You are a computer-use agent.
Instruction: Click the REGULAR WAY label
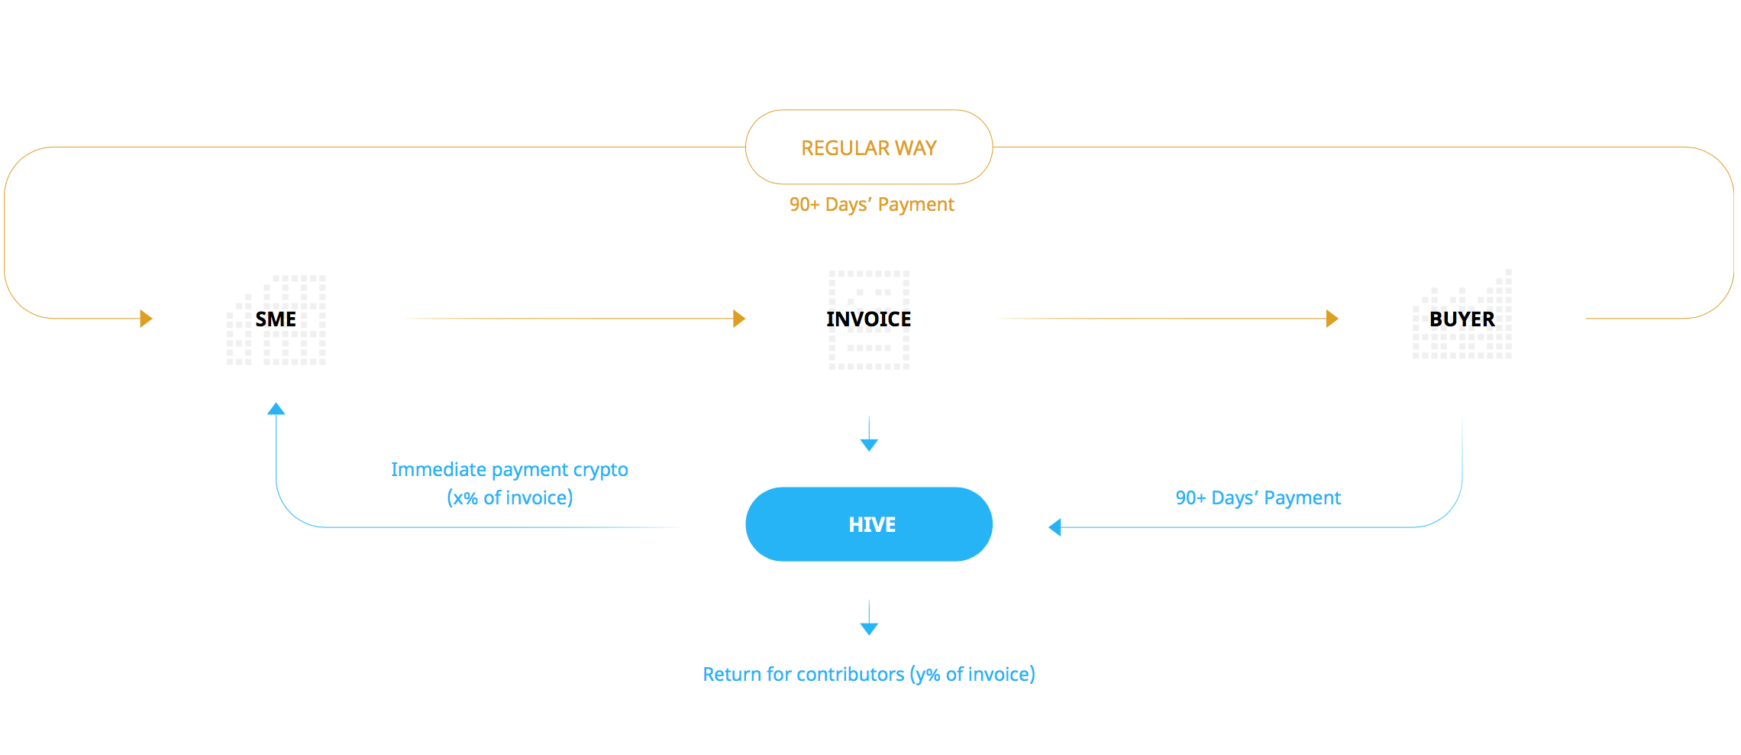[x=869, y=147]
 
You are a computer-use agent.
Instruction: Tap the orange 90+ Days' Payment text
[x=872, y=205]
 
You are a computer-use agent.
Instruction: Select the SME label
[x=276, y=319]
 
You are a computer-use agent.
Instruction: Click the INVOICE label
[x=869, y=319]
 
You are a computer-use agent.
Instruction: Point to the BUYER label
[x=1462, y=319]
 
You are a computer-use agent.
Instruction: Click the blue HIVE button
[x=869, y=524]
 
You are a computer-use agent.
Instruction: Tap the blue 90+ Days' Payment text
[x=1258, y=498]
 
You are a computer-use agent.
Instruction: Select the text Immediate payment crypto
[x=509, y=470]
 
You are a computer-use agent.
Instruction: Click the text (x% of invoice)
[x=510, y=498]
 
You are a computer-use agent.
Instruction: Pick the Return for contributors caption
[x=869, y=674]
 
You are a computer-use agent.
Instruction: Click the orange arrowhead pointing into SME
[x=147, y=319]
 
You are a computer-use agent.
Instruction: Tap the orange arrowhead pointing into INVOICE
[x=739, y=319]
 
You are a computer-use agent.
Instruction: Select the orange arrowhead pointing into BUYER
[x=1332, y=319]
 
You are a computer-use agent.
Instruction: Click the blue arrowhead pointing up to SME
[x=276, y=409]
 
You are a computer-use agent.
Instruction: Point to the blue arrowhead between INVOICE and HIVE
[x=869, y=446]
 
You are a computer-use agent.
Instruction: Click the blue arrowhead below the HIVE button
[x=869, y=629]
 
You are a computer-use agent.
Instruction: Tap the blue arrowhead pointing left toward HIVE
[x=1055, y=527]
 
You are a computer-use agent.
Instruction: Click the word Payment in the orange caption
[x=916, y=205]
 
